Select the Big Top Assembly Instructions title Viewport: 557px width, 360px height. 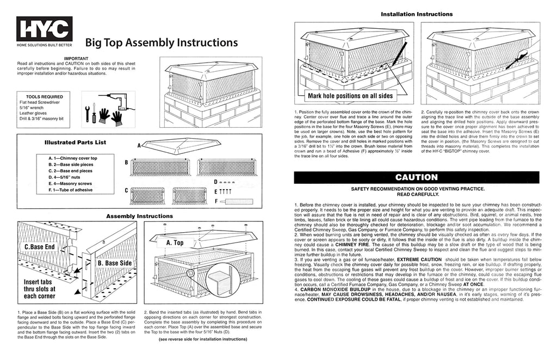click(x=161, y=42)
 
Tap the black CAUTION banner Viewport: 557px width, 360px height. click(x=416, y=177)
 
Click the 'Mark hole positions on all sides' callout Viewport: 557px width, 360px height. click(x=350, y=96)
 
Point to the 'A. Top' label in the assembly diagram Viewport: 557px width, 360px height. click(x=175, y=243)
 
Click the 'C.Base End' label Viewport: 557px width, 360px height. click(x=39, y=247)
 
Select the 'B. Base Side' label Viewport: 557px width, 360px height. click(x=115, y=263)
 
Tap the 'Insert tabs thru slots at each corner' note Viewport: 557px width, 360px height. click(x=39, y=289)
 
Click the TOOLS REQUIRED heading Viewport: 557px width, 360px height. click(x=45, y=97)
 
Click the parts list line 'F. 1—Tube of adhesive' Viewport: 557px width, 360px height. click(x=70, y=190)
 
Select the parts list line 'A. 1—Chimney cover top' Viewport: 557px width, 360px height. click(x=72, y=158)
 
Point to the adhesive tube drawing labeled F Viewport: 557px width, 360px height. click(x=236, y=202)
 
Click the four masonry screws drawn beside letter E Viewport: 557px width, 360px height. click(x=225, y=192)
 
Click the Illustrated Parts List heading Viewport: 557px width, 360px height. click(x=75, y=142)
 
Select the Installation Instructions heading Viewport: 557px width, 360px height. click(x=417, y=14)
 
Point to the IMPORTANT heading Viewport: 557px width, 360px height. click(x=76, y=59)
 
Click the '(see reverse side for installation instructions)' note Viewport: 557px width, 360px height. click(x=203, y=339)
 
